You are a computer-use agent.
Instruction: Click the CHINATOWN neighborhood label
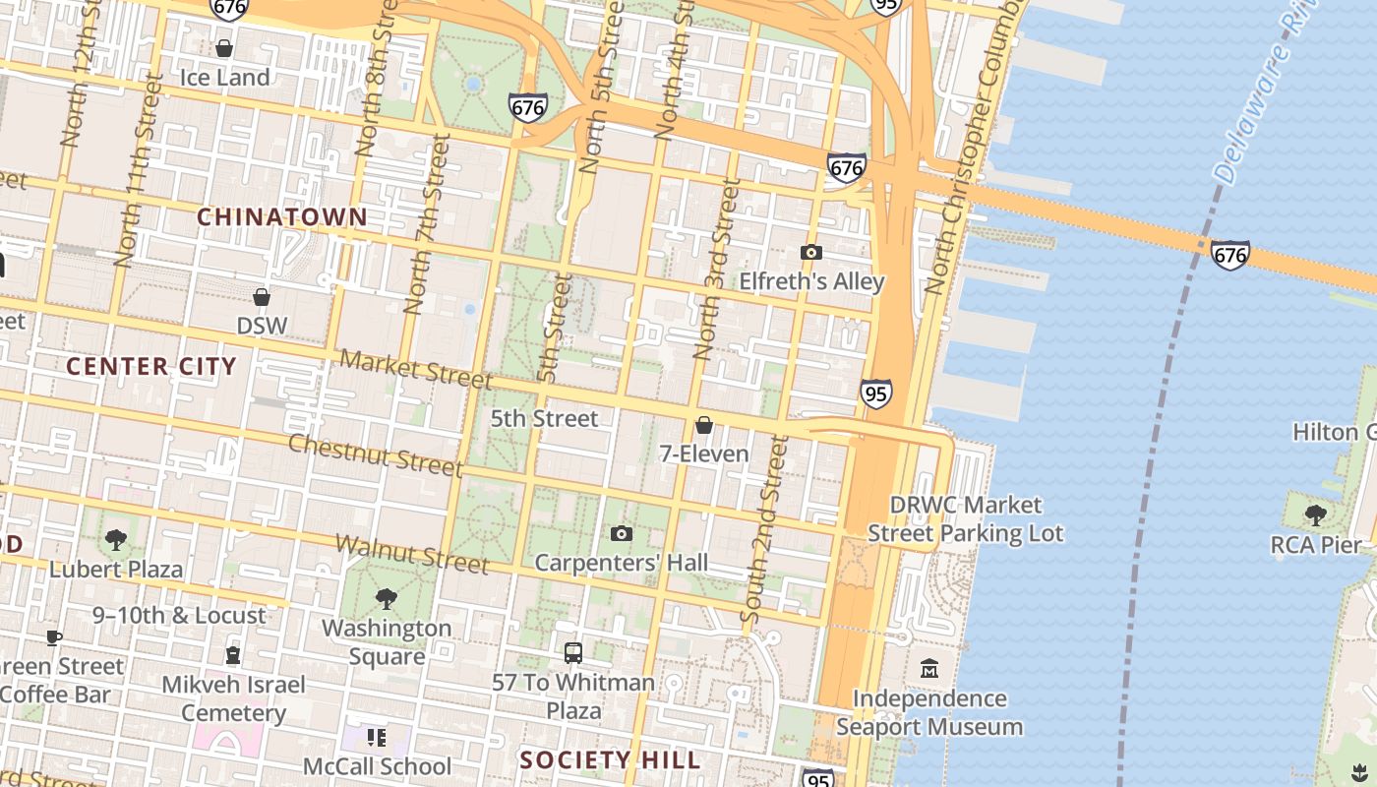(x=282, y=217)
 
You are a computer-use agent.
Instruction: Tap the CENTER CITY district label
(x=151, y=367)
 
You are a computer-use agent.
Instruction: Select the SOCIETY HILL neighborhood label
(x=610, y=759)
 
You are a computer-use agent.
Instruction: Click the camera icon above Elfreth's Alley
(x=811, y=253)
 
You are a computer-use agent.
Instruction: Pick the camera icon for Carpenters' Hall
(x=621, y=534)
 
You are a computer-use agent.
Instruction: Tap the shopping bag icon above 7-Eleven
(x=704, y=425)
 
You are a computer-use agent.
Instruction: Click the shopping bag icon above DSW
(x=262, y=297)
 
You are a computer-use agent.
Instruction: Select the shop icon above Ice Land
(x=224, y=48)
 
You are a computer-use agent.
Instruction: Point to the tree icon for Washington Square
(x=387, y=598)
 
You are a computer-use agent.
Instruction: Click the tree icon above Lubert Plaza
(x=116, y=539)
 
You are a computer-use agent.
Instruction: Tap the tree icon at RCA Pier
(x=1315, y=515)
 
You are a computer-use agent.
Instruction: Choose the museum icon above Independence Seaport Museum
(x=929, y=669)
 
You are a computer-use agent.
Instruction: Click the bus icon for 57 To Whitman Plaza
(x=573, y=652)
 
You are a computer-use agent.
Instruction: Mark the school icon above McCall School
(x=376, y=737)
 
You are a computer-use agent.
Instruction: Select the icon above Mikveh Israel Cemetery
(x=233, y=654)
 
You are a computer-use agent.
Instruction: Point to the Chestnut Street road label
(x=374, y=454)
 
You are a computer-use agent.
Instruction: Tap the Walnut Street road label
(x=411, y=554)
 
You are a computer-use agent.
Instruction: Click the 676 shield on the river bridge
(x=1229, y=256)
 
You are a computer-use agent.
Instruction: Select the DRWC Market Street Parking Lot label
(x=965, y=519)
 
